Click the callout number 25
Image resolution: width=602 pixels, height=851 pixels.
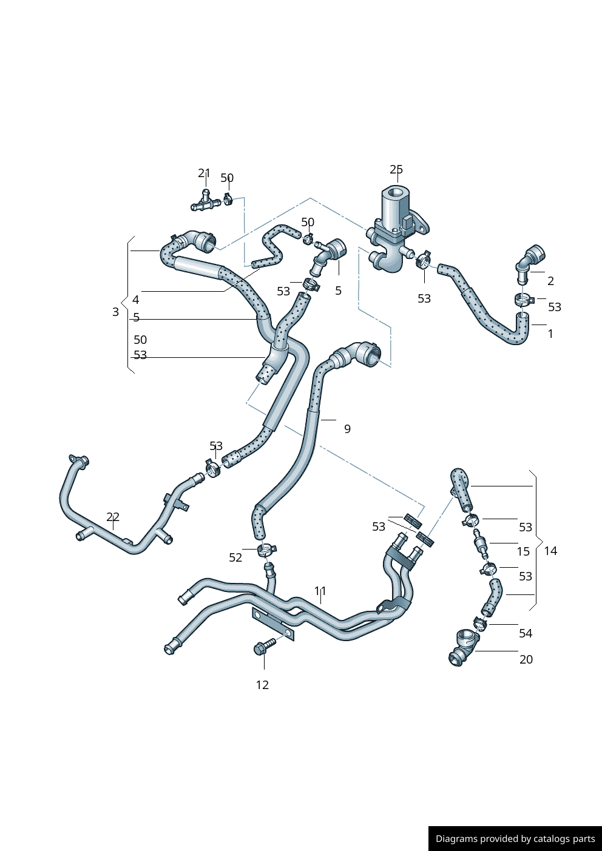[396, 170]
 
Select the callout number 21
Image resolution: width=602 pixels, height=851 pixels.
[204, 173]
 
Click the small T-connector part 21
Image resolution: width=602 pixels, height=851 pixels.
[205, 202]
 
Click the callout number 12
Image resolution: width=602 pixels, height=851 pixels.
[262, 685]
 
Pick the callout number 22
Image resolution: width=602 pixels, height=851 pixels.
[113, 517]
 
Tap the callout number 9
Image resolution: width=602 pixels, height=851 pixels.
[347, 429]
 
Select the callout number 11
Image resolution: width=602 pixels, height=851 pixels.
[320, 591]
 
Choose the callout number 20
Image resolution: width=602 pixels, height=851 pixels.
[526, 659]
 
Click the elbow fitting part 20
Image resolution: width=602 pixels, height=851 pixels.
[462, 647]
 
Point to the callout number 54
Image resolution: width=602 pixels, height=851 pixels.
[526, 633]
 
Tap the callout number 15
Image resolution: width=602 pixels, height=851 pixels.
[523, 551]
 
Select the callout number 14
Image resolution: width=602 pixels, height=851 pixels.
[550, 551]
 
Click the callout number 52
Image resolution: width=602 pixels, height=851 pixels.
[235, 557]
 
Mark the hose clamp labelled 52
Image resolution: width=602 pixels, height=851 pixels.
[265, 551]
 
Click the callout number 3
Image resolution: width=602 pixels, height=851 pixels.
[115, 312]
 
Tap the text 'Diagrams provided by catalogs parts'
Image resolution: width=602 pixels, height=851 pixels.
[515, 839]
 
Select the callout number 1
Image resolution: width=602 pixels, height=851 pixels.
[550, 334]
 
